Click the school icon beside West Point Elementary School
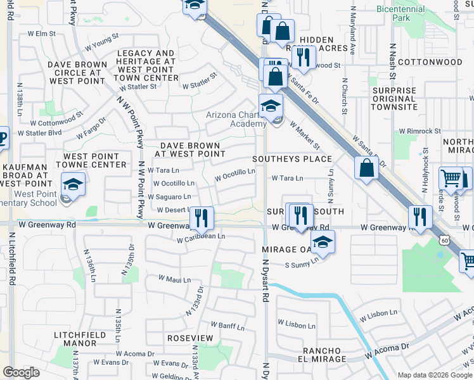tap(74, 184)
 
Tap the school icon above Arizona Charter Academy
tap(271, 106)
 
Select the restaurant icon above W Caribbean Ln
tap(202, 218)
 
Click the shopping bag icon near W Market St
tap(368, 168)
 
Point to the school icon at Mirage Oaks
tap(323, 243)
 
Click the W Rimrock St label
tap(417, 131)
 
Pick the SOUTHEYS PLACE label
tap(292, 158)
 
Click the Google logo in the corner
tap(22, 372)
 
